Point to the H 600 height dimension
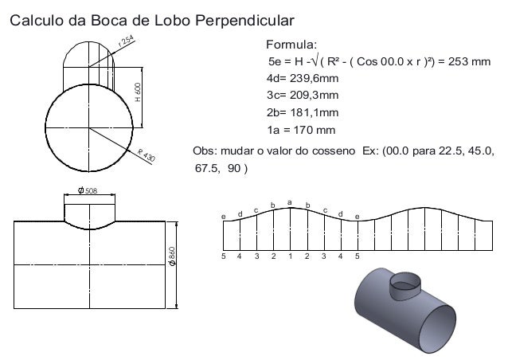coord(138,93)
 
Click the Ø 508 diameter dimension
coord(88,190)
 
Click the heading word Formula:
coord(290,43)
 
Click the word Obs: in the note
coord(208,151)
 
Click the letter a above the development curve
coord(289,202)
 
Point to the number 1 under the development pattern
coord(290,256)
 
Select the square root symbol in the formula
coord(316,61)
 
